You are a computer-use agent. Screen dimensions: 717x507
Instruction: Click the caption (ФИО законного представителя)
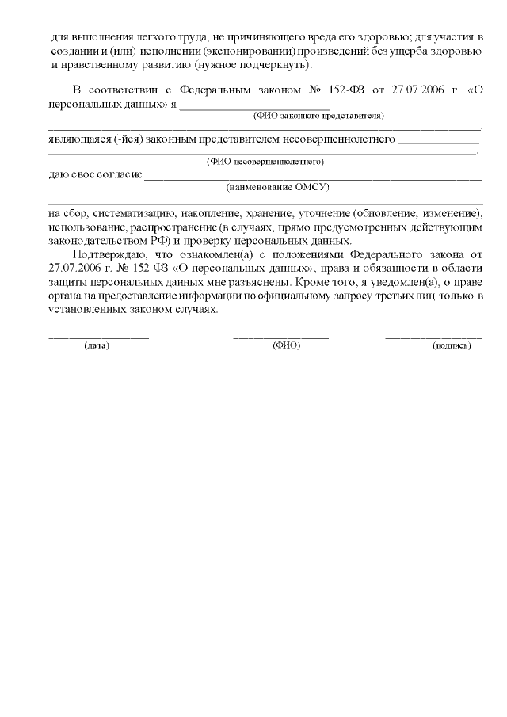pyautogui.click(x=318, y=116)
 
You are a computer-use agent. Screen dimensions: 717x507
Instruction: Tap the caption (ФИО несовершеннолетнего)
pyautogui.click(x=265, y=161)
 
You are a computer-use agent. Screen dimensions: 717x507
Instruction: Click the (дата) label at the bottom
pyautogui.click(x=97, y=345)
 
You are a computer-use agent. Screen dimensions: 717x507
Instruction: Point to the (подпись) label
pyautogui.click(x=452, y=345)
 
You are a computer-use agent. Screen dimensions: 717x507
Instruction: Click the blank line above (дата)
pyautogui.click(x=98, y=338)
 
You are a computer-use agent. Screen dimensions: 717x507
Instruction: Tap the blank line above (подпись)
pyautogui.click(x=433, y=338)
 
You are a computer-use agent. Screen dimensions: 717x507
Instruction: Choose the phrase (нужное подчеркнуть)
pyautogui.click(x=258, y=64)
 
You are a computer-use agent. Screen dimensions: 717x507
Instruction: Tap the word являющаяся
pyautogui.click(x=74, y=139)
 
